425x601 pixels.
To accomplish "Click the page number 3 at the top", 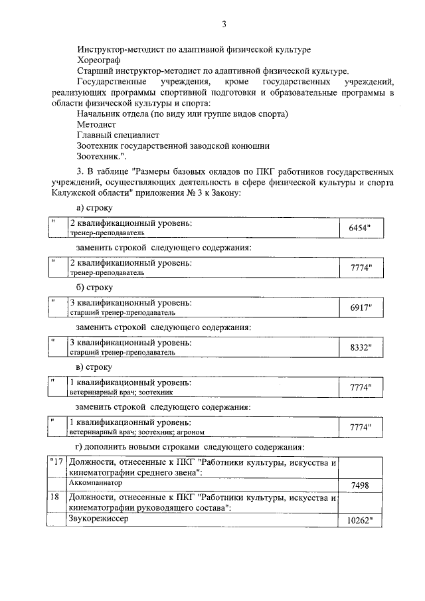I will point(224,25).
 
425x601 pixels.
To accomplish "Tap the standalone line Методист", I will point(96,124).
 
